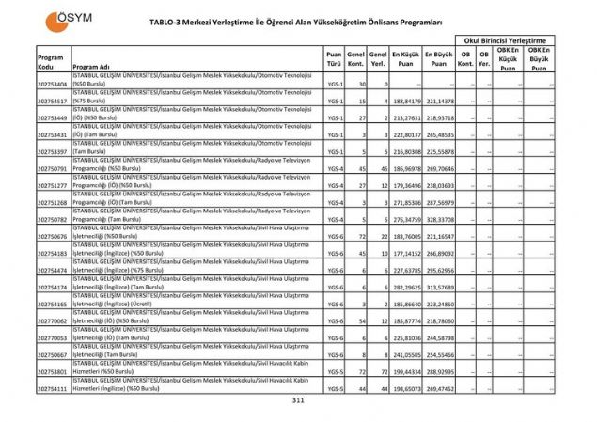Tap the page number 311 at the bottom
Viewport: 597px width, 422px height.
(298, 400)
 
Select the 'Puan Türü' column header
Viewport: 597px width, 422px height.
(333, 59)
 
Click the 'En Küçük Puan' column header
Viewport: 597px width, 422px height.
(406, 59)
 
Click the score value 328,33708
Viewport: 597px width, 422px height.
(439, 219)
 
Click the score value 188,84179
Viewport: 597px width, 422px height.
(406, 102)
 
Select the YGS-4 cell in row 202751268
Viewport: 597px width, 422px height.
(333, 202)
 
